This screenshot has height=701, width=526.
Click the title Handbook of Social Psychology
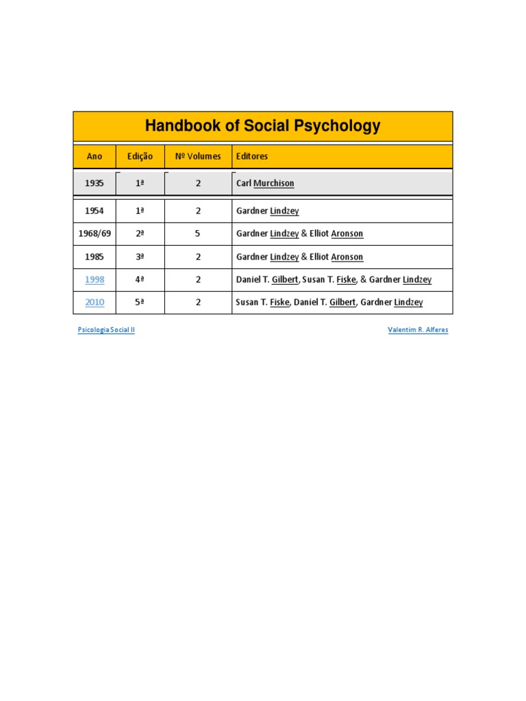pyautogui.click(x=262, y=127)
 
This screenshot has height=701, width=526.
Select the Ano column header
pyautogui.click(x=95, y=156)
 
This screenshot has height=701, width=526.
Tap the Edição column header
pyautogui.click(x=140, y=156)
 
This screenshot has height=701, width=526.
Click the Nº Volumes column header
pyautogui.click(x=198, y=156)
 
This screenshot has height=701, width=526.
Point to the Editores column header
pyautogui.click(x=252, y=156)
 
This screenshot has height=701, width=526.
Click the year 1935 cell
pyautogui.click(x=95, y=183)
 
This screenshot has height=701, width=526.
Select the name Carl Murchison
pyautogui.click(x=265, y=183)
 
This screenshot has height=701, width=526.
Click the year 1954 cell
pyautogui.click(x=95, y=211)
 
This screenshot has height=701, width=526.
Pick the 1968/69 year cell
pyautogui.click(x=95, y=233)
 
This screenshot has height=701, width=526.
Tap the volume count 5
pyautogui.click(x=198, y=233)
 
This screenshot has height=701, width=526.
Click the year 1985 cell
pyautogui.click(x=95, y=257)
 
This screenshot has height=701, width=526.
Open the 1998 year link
pyautogui.click(x=95, y=279)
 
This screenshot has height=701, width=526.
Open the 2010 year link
pyautogui.click(x=95, y=302)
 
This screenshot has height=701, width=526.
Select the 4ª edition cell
pyautogui.click(x=140, y=279)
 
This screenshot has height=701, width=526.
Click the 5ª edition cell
pyautogui.click(x=140, y=302)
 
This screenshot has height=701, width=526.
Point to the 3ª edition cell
pyautogui.click(x=140, y=257)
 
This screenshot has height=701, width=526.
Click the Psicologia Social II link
pyautogui.click(x=106, y=330)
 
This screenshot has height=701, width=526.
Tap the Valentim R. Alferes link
pyautogui.click(x=418, y=330)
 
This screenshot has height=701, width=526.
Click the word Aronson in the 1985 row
pyautogui.click(x=347, y=257)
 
